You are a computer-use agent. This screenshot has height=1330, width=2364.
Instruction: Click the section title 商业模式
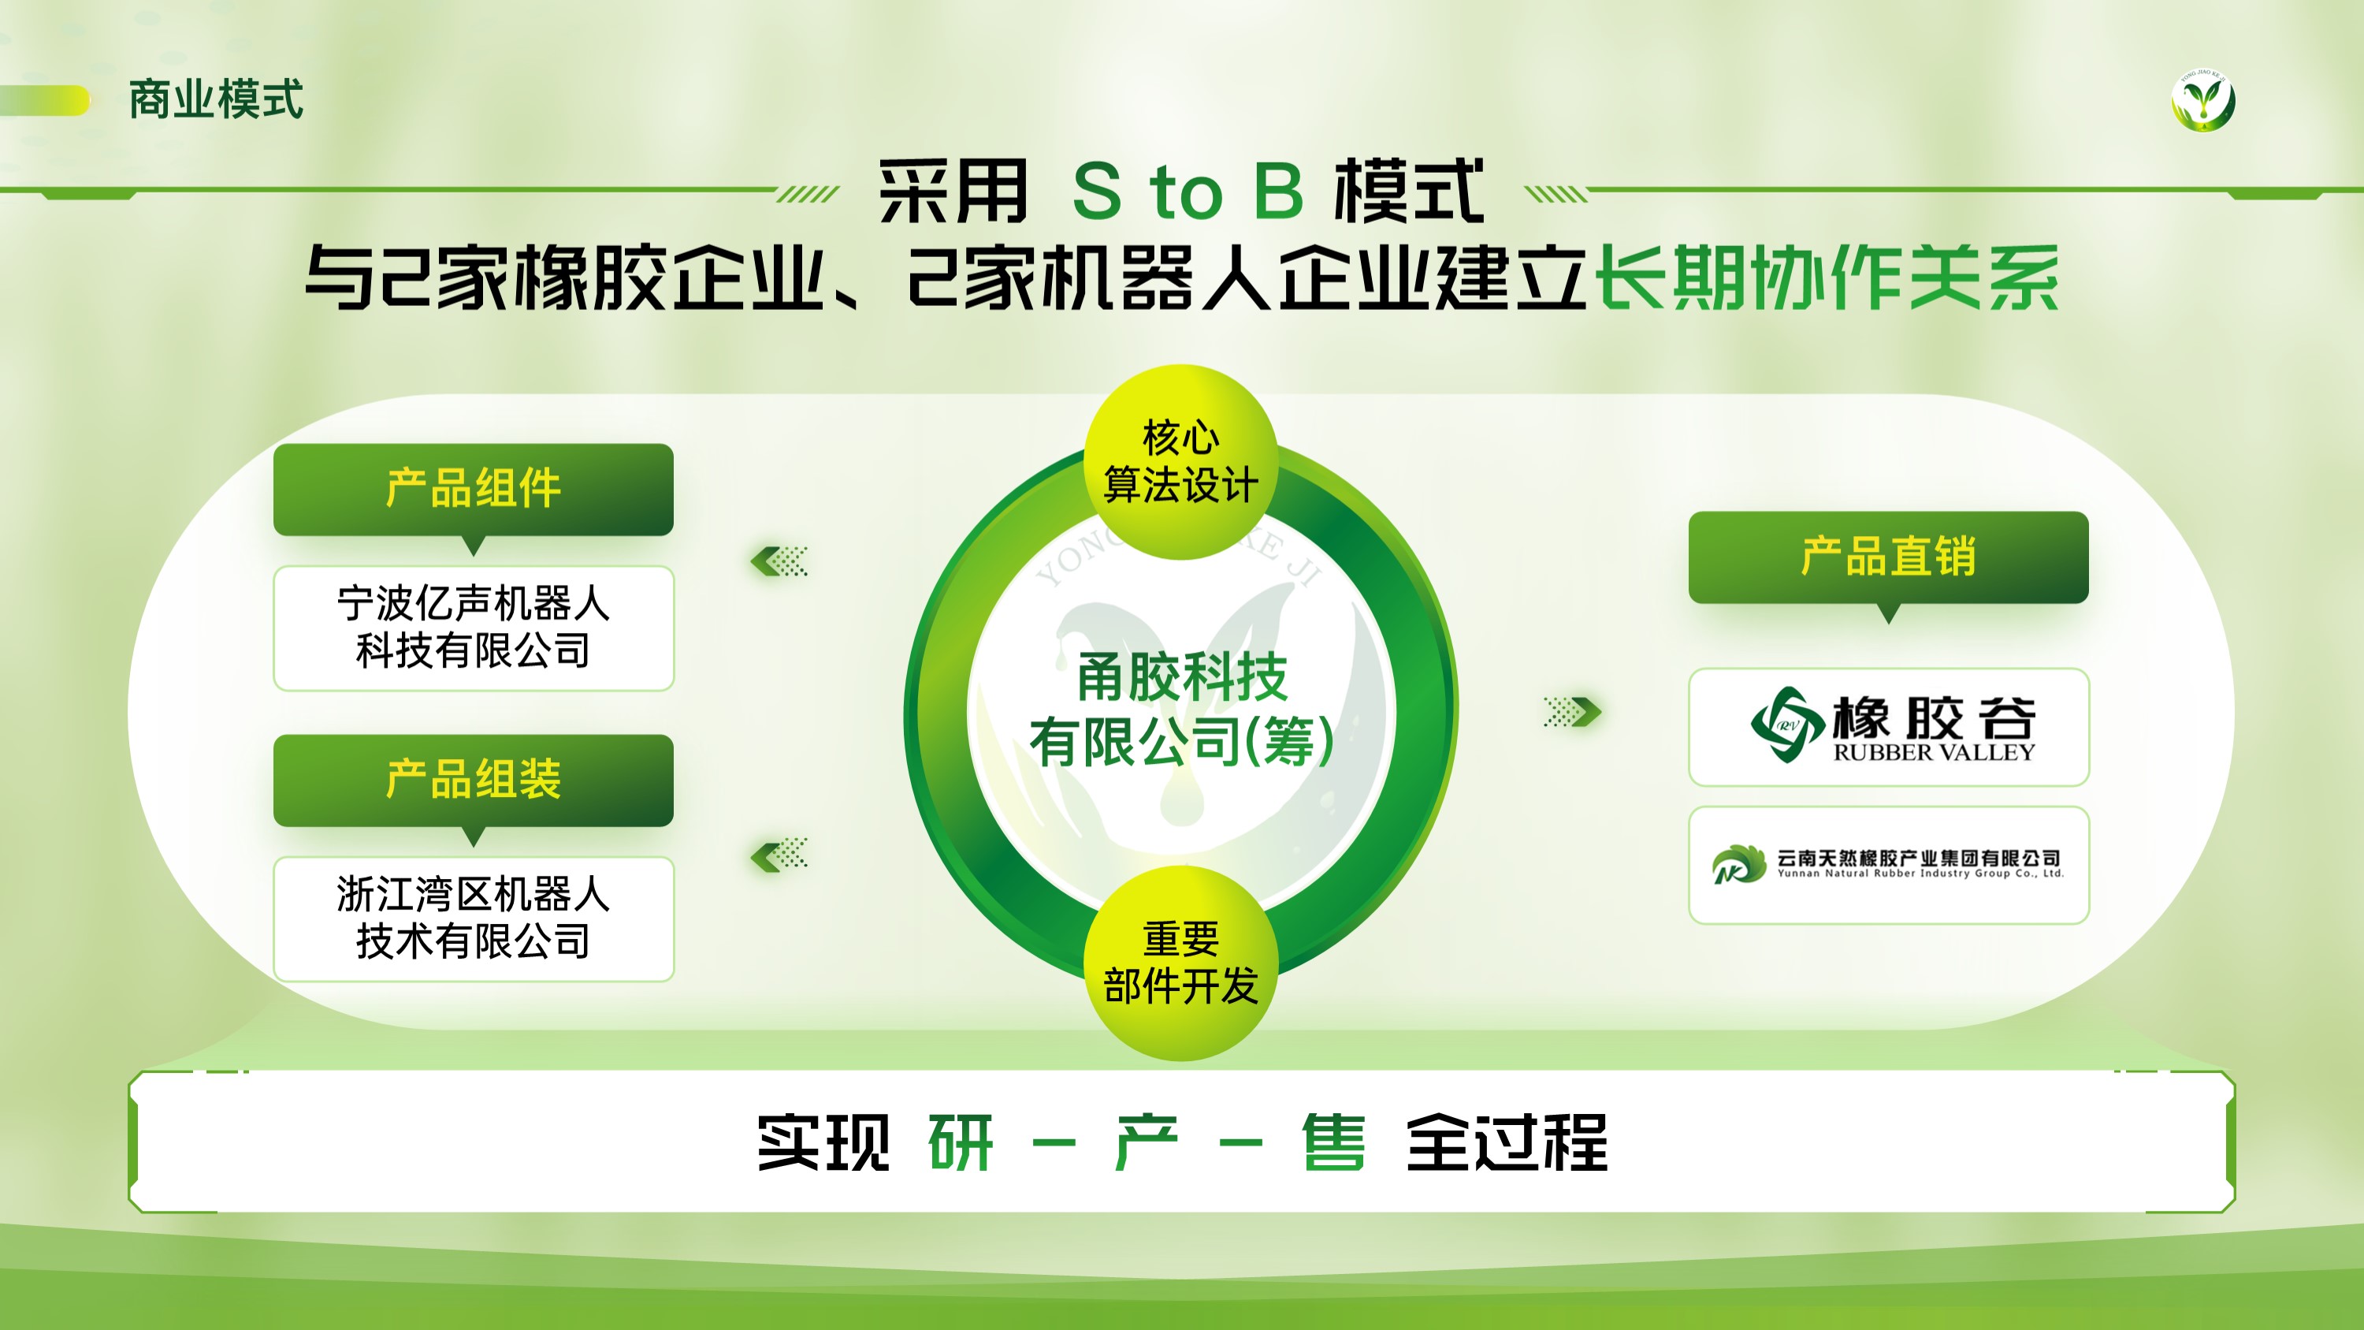[216, 99]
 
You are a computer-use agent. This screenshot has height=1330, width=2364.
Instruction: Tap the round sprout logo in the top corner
[2203, 100]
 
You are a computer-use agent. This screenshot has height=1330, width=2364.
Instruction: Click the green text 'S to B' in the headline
[1188, 191]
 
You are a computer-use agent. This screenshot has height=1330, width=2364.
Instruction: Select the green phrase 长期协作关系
[1827, 278]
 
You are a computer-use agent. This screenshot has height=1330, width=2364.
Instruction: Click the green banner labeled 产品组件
[474, 490]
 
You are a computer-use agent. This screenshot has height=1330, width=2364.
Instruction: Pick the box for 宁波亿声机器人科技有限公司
[474, 628]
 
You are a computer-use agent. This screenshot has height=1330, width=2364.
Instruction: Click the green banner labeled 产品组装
[474, 780]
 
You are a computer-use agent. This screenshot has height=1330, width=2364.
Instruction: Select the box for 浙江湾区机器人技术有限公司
[474, 918]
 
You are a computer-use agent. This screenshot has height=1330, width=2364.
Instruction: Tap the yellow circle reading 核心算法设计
[1181, 462]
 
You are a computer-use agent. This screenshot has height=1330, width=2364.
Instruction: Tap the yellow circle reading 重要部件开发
[1181, 963]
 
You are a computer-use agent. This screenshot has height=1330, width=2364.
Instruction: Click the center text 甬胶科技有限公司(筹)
[1182, 709]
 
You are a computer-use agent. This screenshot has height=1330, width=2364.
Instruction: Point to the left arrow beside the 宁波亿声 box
[779, 561]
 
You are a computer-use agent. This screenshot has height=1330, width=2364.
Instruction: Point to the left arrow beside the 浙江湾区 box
[779, 855]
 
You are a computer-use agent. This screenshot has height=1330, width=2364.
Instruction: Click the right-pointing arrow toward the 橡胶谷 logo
[1573, 711]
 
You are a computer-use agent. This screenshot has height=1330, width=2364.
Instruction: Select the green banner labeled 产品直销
[1889, 557]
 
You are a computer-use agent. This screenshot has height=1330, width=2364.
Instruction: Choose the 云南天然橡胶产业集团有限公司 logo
[1889, 865]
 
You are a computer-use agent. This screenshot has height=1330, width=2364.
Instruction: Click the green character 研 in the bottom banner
[961, 1142]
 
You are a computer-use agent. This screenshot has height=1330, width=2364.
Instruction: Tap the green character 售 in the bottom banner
[1333, 1142]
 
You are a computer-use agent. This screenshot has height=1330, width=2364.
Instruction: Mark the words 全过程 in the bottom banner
[1506, 1142]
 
